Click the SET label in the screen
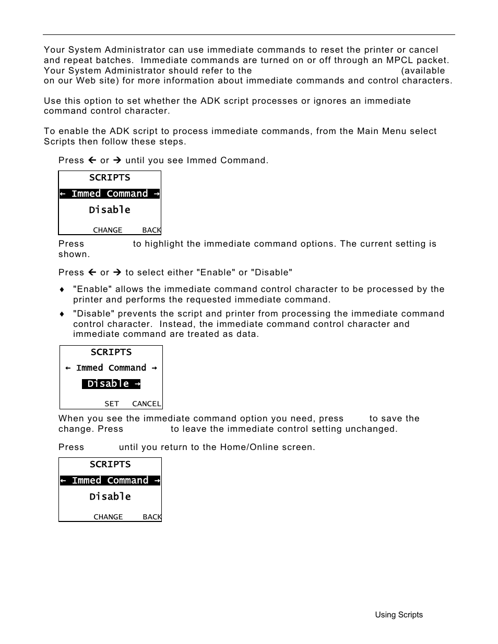[112, 404]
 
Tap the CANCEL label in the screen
[147, 404]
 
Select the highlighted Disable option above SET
[111, 384]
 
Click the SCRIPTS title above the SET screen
[111, 352]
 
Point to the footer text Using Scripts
[399, 615]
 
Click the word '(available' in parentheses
[423, 70]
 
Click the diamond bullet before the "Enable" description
[62, 289]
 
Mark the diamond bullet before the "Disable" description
[62, 314]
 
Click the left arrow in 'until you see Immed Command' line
[92, 160]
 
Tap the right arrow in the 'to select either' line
[117, 272]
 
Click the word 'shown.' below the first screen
[74, 254]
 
